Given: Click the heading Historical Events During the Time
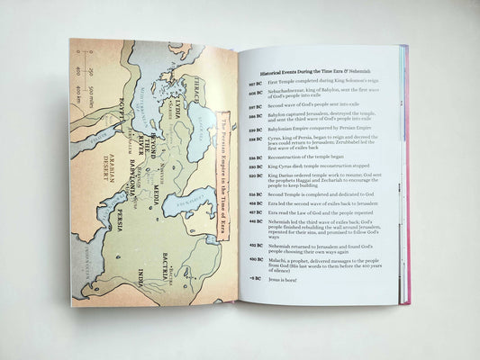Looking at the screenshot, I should pos(310,70).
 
